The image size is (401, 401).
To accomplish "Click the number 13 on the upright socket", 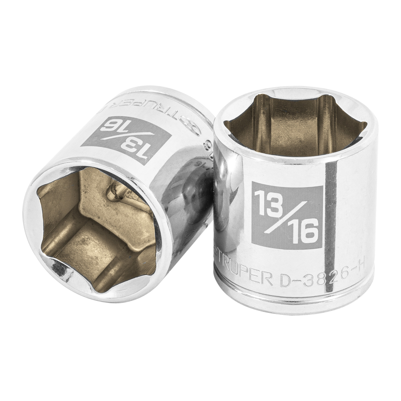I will click(268, 200).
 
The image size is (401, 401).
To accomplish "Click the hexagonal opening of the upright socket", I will click(295, 122).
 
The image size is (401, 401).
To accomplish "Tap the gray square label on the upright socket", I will click(287, 217).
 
